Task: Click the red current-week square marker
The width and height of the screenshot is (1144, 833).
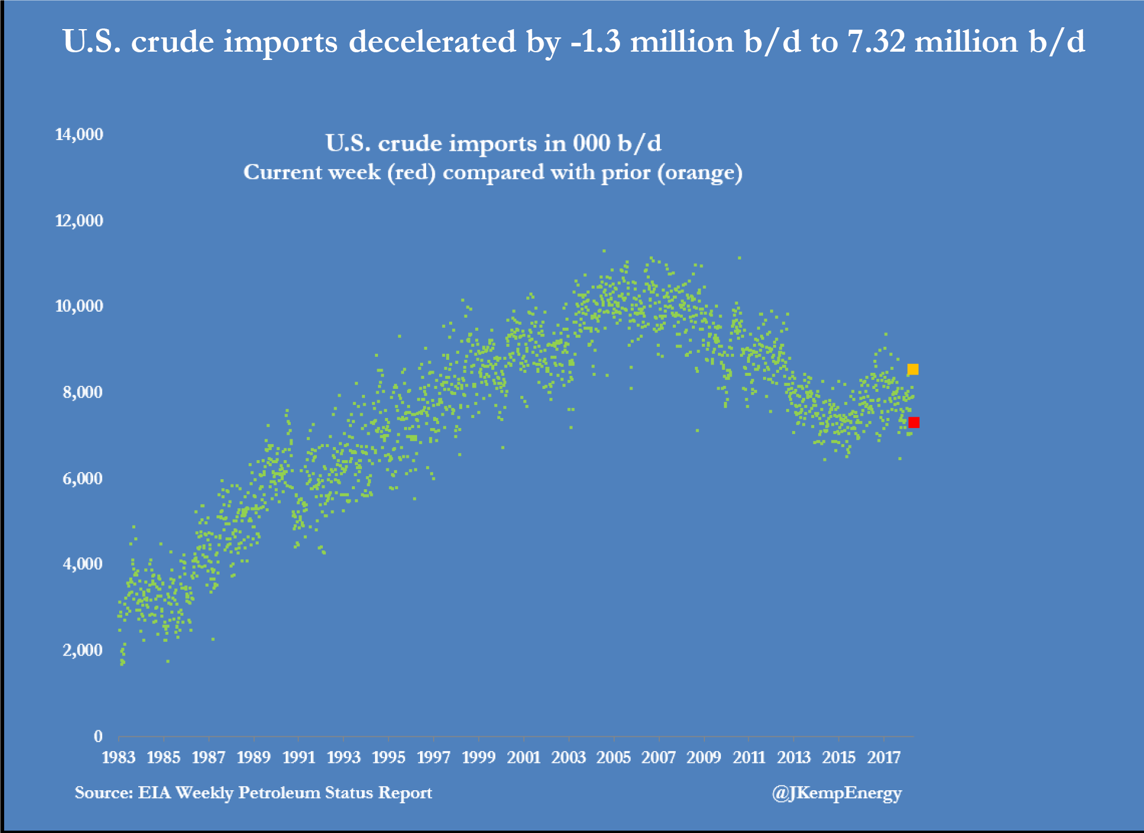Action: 914,422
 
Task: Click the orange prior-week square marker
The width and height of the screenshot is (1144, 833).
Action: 913,369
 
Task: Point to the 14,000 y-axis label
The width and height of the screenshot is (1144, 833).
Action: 79,134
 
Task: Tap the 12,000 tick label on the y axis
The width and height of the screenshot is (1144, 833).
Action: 79,220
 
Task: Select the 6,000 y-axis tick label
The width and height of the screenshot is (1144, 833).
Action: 82,478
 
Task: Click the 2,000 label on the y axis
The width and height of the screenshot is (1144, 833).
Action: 82,650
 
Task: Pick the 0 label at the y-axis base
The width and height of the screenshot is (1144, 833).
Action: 98,736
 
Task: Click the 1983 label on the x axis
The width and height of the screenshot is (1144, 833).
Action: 119,758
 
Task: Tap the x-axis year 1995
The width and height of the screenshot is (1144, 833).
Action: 389,758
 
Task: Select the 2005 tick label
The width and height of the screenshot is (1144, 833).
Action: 614,758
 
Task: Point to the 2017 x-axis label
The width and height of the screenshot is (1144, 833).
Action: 884,758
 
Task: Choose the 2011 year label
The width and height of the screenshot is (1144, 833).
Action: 749,758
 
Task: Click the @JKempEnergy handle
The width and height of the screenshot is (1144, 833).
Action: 837,793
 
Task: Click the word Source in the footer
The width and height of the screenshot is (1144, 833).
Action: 103,793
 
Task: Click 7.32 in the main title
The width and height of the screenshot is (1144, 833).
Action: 876,42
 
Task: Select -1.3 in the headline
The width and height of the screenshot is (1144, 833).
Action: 595,42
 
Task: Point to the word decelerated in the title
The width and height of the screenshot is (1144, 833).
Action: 433,42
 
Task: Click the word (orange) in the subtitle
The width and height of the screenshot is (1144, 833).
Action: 700,173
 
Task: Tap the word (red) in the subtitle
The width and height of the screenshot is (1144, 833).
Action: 412,173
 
